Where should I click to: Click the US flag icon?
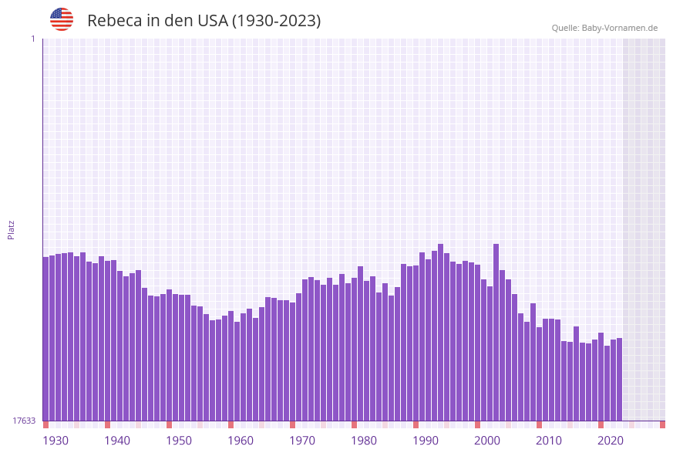[62, 19]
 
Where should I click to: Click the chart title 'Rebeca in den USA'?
[204, 21]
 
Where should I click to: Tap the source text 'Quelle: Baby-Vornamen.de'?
[604, 28]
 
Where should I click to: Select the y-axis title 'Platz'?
[11, 229]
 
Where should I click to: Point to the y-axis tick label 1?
[32, 39]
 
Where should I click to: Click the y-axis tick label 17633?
[24, 421]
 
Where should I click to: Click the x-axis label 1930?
[55, 440]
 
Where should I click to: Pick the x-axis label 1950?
[179, 440]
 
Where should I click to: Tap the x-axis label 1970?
[302, 440]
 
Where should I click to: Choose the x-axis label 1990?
[426, 440]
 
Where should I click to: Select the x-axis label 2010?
[549, 440]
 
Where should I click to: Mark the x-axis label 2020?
[611, 440]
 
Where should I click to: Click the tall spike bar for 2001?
[496, 332]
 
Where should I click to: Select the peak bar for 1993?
[440, 332]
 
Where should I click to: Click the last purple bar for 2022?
[619, 379]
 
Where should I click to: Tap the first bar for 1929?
[45, 340]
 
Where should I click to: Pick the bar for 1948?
[169, 355]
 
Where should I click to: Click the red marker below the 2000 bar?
[477, 424]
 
